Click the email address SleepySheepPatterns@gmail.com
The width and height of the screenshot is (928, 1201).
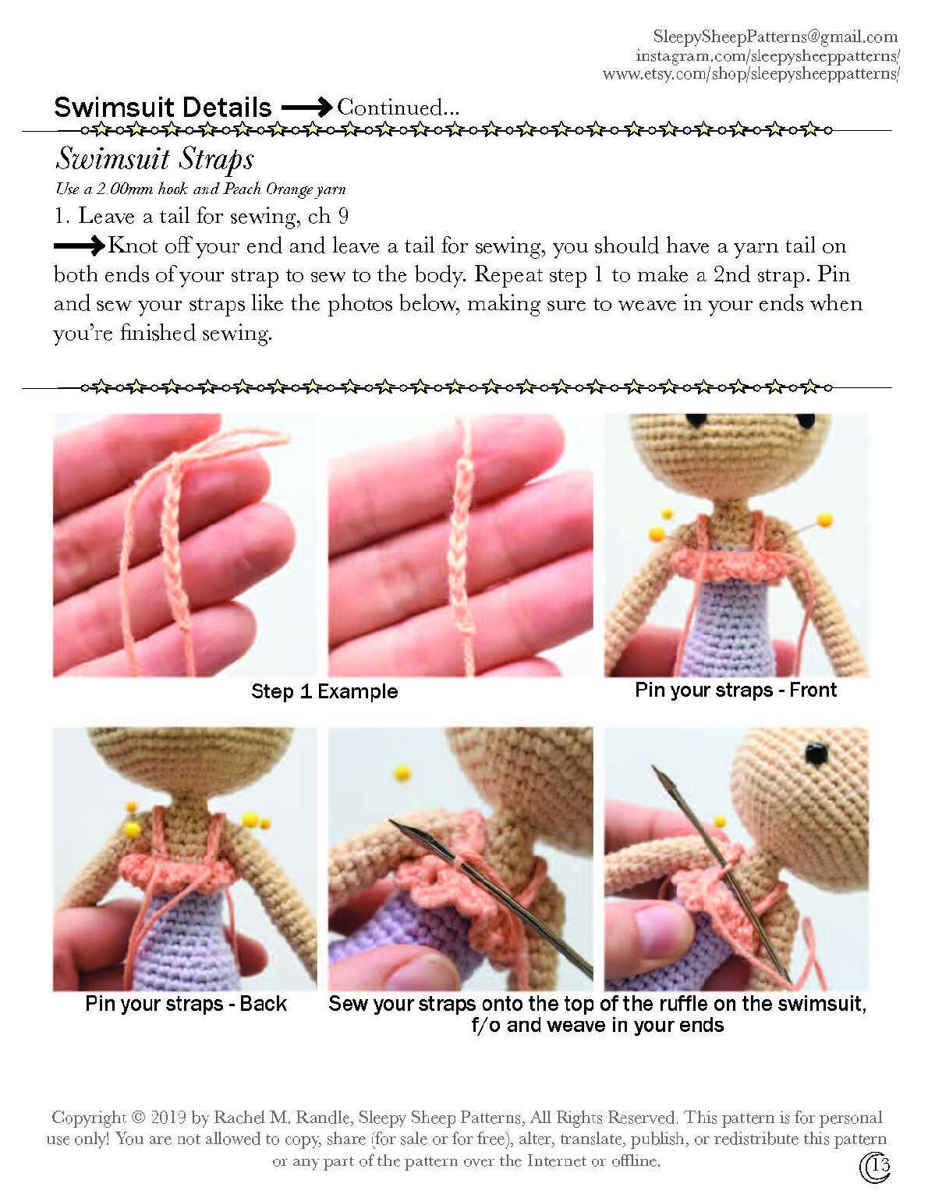pyautogui.click(x=775, y=37)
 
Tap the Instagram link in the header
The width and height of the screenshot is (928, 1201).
pyautogui.click(x=767, y=56)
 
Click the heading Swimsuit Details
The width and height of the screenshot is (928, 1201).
pyautogui.click(x=162, y=108)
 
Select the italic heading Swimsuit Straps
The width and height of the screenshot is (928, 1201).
pyautogui.click(x=155, y=160)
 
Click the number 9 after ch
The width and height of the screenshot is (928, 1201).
pyautogui.click(x=343, y=216)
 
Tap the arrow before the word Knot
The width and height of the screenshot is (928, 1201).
pyautogui.click(x=79, y=245)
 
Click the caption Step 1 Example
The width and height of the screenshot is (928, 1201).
pyautogui.click(x=324, y=691)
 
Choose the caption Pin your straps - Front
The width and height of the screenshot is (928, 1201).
pyautogui.click(x=735, y=691)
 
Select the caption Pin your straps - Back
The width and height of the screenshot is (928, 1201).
pyautogui.click(x=186, y=1004)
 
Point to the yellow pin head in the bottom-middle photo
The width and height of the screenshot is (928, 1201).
pyautogui.click(x=402, y=772)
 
